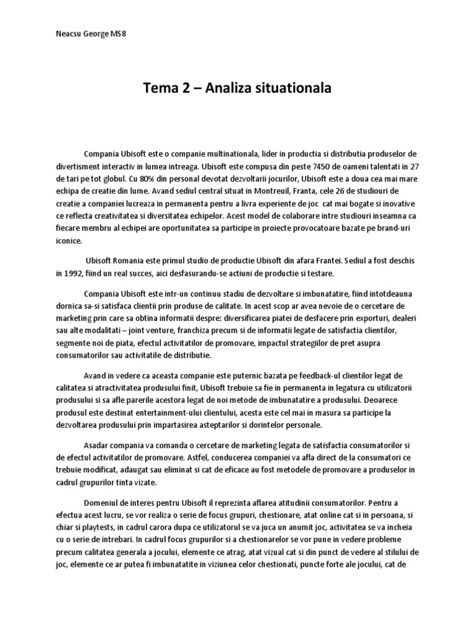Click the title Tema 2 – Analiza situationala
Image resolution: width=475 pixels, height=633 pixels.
click(237, 88)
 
